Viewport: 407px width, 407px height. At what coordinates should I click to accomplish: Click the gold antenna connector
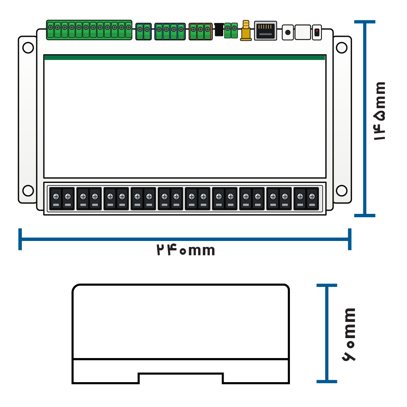(246, 30)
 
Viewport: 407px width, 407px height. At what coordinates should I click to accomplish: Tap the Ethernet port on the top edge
(265, 30)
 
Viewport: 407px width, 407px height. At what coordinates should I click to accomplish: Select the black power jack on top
(219, 29)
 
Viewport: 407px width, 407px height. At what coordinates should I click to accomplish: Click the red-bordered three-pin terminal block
(200, 31)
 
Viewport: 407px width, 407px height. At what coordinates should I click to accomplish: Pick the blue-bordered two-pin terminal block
(143, 31)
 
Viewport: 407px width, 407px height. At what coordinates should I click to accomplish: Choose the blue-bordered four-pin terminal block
(170, 31)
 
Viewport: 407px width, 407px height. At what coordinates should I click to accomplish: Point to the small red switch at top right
(317, 32)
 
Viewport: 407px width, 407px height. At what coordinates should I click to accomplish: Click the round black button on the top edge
(288, 32)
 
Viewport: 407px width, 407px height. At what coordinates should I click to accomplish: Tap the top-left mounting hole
(28, 48)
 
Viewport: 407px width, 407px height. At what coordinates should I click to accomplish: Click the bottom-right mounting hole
(341, 191)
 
